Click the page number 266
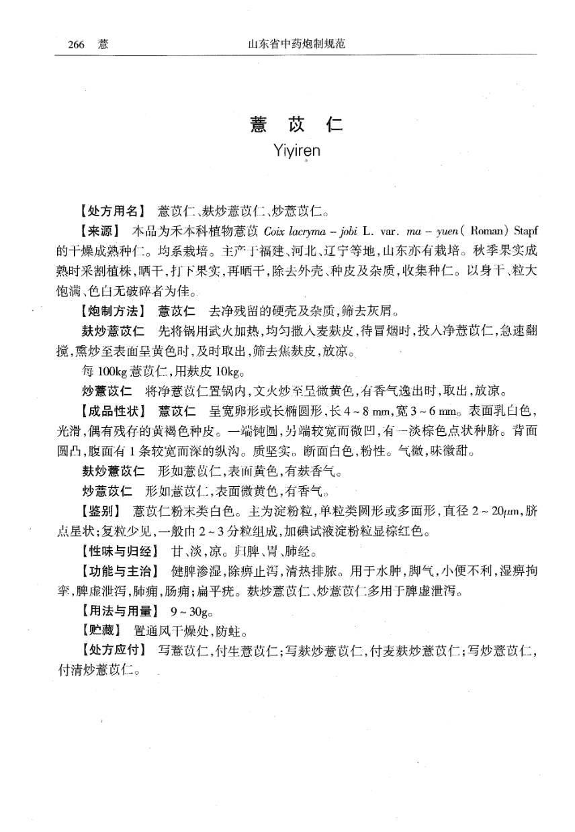coord(76,45)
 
